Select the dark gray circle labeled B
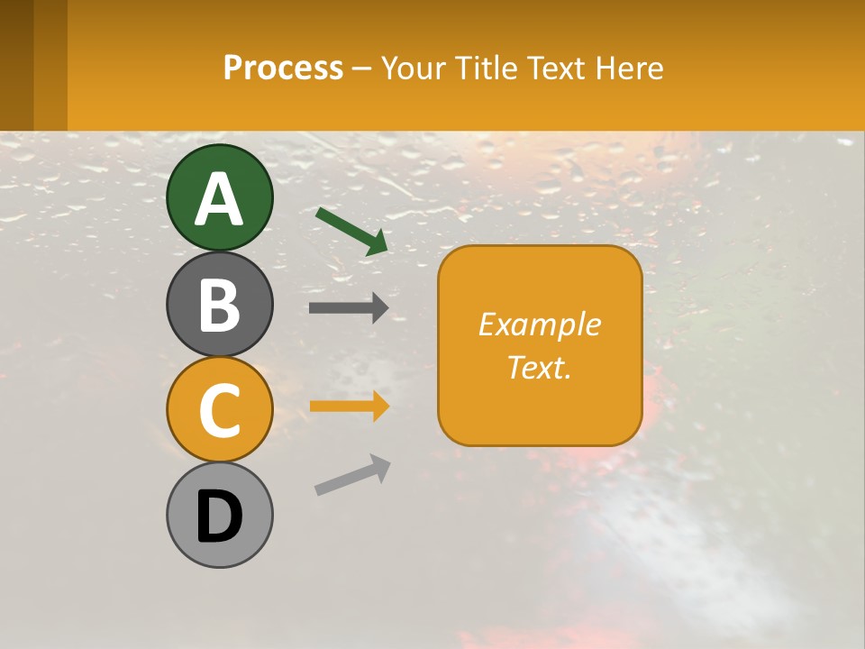(x=219, y=304)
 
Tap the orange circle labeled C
(x=219, y=409)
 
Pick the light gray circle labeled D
(x=219, y=515)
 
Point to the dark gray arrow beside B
(x=349, y=307)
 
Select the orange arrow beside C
(x=349, y=406)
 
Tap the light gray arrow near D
(x=352, y=474)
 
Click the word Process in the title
(x=283, y=68)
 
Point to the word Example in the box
(x=539, y=324)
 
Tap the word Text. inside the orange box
(x=539, y=367)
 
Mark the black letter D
(x=219, y=517)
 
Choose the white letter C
(x=219, y=411)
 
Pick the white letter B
(x=219, y=306)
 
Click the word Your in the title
(x=414, y=68)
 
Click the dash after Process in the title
(x=362, y=69)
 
